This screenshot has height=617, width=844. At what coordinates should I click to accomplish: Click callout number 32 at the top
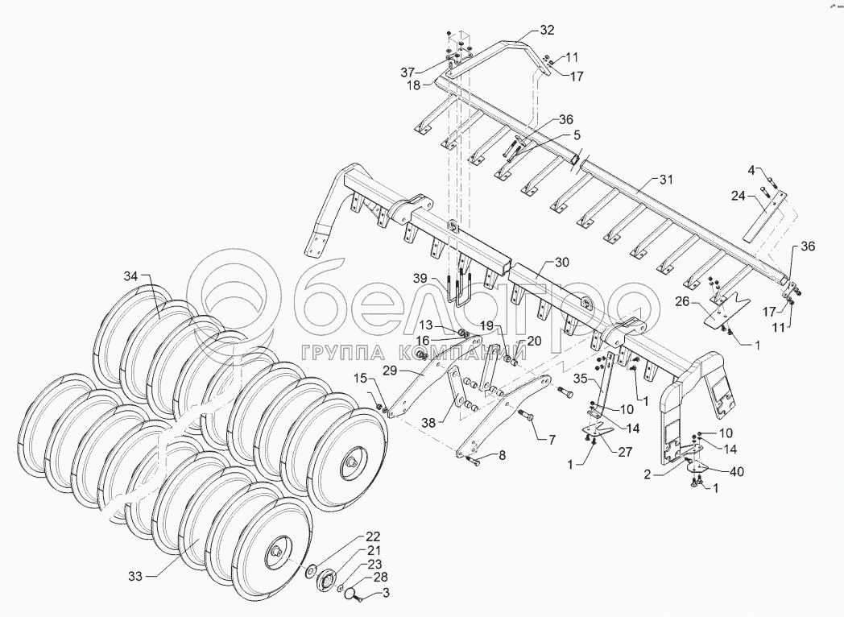tap(547, 31)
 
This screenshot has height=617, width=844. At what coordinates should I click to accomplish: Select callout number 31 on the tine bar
tap(664, 179)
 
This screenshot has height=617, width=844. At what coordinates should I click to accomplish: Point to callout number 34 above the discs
tap(130, 277)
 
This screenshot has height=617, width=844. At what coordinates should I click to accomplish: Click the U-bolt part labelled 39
tap(460, 296)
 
